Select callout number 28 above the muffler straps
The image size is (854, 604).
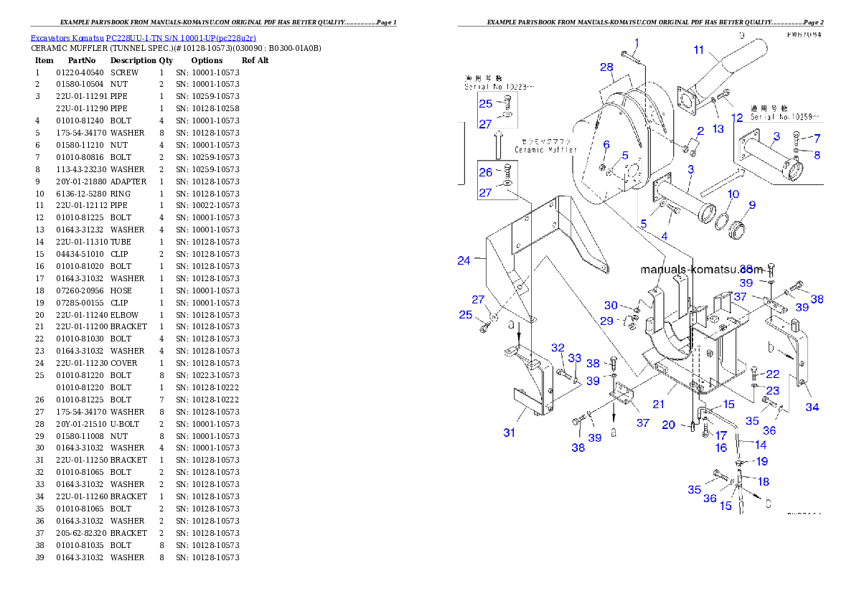607,67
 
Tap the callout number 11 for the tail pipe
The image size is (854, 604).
699,49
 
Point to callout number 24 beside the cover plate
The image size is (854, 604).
464,261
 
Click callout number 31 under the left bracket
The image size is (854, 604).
509,433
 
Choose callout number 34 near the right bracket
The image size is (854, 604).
812,407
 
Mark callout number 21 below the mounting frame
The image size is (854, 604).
658,405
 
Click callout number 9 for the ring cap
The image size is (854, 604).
752,205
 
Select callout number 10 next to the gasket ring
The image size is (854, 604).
733,194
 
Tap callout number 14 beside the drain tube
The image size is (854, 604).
761,445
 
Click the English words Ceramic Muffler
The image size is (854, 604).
546,150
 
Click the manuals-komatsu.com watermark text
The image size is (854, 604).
702,270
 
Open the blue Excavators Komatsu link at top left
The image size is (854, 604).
143,37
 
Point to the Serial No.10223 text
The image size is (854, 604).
499,86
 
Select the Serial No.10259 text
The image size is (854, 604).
786,116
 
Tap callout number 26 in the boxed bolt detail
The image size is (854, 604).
486,172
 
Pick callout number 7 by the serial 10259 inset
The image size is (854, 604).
817,138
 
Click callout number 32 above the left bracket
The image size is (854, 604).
558,348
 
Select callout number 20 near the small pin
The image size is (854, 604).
668,425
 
